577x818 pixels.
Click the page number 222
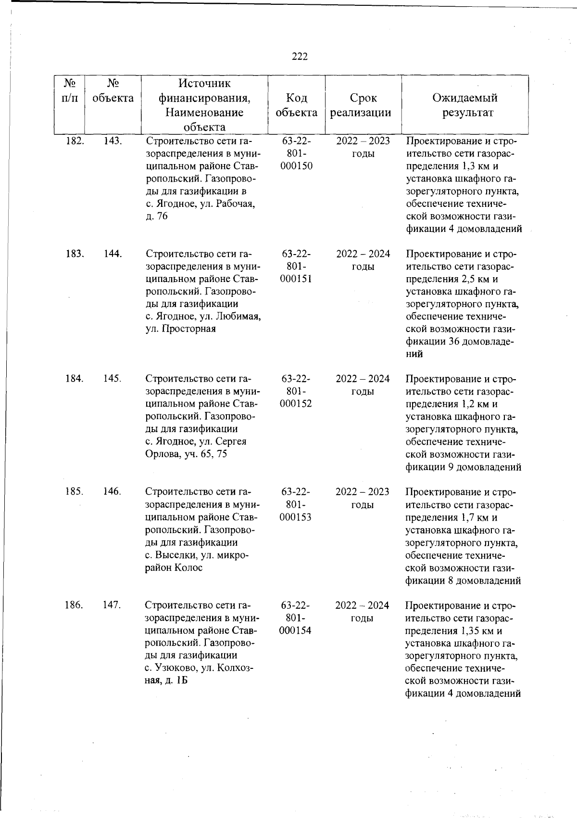click(300, 57)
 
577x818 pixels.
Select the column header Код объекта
click(297, 105)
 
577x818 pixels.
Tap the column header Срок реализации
click(363, 105)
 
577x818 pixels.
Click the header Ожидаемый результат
click(465, 105)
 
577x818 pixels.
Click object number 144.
click(113, 254)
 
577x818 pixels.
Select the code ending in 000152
click(296, 404)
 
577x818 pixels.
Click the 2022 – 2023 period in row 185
click(363, 492)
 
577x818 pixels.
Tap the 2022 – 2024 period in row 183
click(363, 254)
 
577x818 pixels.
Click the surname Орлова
click(163, 454)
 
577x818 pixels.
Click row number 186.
click(75, 605)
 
